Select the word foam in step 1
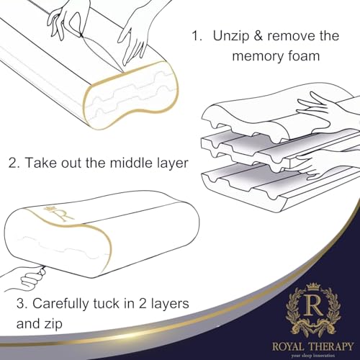pos(301,56)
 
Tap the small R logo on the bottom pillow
pos(49,215)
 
